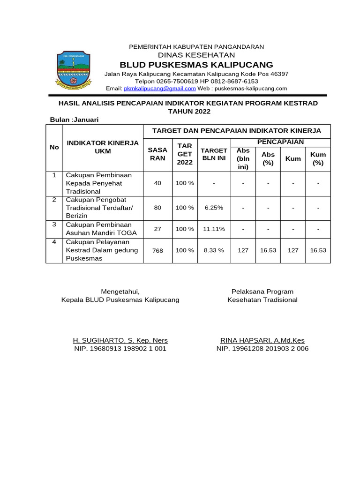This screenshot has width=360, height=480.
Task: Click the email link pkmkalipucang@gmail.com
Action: click(160, 88)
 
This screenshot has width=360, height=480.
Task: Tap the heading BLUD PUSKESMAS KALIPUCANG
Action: click(196, 64)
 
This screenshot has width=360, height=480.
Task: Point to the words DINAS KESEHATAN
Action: click(196, 55)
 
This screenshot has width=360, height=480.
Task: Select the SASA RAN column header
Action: click(157, 154)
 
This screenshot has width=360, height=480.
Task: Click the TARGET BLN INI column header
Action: click(214, 154)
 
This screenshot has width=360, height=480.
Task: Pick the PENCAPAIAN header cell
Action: click(281, 142)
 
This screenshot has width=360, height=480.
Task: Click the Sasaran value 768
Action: click(157, 251)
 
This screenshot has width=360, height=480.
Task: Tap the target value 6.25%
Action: click(214, 207)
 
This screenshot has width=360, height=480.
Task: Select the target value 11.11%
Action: click(214, 229)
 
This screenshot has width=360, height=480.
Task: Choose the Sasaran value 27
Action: click(157, 229)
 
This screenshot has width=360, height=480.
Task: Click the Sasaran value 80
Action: click(157, 207)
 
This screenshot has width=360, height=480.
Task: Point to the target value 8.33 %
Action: click(214, 250)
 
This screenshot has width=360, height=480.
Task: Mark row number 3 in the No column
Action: click(54, 225)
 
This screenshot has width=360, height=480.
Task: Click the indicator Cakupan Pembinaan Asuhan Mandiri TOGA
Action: click(101, 229)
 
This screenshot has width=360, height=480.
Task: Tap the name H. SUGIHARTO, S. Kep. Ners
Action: click(120, 340)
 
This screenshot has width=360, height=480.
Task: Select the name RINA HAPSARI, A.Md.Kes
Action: click(262, 340)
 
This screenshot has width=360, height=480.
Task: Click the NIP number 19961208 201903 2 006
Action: click(262, 349)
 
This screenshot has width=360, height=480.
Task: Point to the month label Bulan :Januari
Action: click(75, 120)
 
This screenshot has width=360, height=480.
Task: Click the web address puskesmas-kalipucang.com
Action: click(250, 88)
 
